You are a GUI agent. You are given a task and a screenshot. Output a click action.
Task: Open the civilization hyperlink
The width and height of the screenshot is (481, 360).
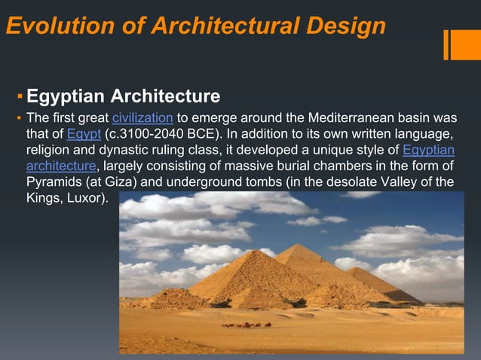pos(143,118)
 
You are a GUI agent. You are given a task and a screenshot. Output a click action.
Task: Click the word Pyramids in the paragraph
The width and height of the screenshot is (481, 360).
pos(54,182)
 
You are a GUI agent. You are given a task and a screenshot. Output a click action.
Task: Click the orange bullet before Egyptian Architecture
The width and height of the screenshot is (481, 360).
pos(20,98)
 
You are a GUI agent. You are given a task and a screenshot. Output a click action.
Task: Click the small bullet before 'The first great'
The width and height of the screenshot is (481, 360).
pos(20,119)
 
